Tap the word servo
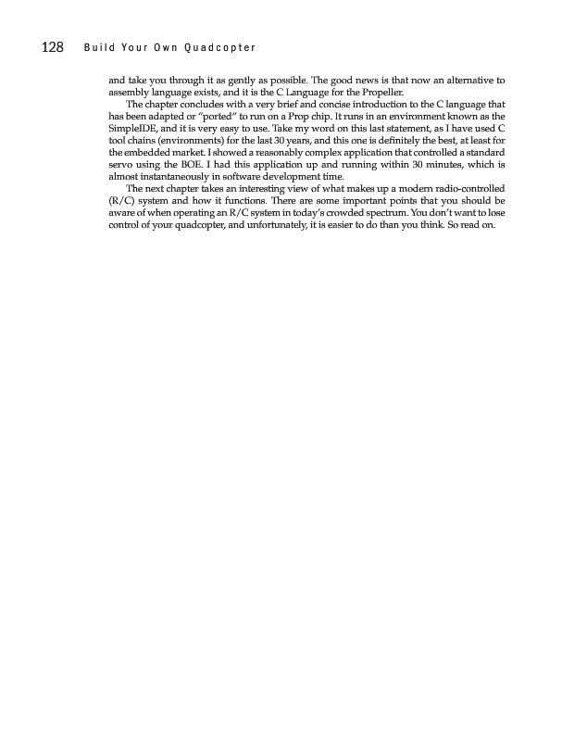click(x=121, y=163)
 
